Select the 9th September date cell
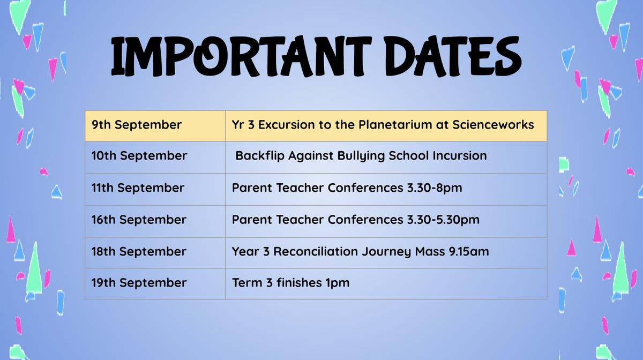(x=155, y=126)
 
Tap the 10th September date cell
(x=155, y=157)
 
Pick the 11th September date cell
(x=155, y=189)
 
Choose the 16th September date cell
(x=155, y=221)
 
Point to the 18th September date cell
(x=155, y=253)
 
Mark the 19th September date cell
(x=155, y=283)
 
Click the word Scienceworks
(x=493, y=125)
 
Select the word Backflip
(x=260, y=156)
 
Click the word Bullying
(x=361, y=156)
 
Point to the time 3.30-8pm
(x=435, y=188)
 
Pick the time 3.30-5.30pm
(x=443, y=220)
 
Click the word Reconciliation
(x=316, y=251)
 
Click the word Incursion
(x=460, y=155)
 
